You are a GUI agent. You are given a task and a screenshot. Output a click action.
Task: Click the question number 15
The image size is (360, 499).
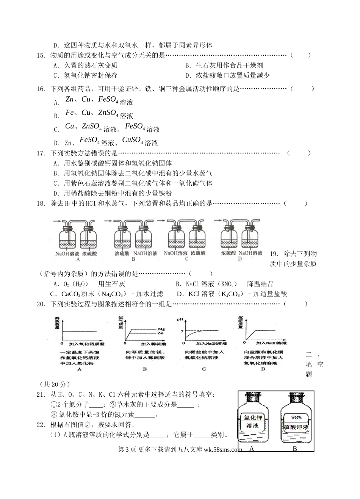[x=41, y=56]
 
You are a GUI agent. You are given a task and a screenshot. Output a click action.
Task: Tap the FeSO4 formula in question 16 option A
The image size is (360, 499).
[x=108, y=100]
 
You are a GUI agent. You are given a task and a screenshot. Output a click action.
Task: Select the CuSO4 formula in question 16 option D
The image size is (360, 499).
[x=133, y=141]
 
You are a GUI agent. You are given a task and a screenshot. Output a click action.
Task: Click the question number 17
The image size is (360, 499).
[x=41, y=153]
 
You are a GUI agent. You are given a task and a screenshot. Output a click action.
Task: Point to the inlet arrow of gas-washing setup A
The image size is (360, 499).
[x=57, y=221]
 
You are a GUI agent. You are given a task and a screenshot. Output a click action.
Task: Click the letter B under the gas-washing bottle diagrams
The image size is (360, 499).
[x=133, y=260]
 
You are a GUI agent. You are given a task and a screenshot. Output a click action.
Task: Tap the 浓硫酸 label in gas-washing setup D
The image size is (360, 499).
[x=229, y=253]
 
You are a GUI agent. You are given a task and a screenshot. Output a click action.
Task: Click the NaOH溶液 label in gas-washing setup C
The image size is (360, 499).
[x=175, y=253]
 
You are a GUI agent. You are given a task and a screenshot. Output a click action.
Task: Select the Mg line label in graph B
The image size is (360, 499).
[x=161, y=329]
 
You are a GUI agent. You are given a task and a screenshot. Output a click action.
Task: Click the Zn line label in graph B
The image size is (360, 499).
[x=161, y=333]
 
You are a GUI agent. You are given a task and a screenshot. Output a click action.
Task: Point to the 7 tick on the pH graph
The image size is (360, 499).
[x=182, y=331]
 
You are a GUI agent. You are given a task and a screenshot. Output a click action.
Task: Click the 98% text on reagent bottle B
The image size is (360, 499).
[x=296, y=418]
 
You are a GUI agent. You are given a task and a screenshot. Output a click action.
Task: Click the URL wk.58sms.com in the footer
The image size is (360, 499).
[x=223, y=450]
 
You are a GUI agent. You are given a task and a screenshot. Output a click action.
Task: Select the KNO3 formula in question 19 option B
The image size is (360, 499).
[x=229, y=284]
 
